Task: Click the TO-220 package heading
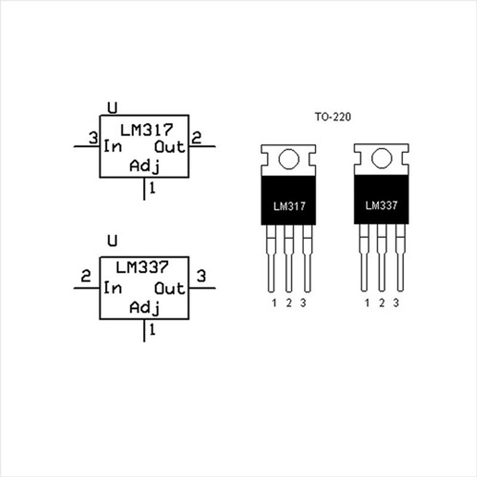(333, 117)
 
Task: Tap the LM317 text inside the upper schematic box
(147, 130)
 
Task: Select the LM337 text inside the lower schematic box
(142, 267)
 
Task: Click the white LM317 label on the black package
(289, 206)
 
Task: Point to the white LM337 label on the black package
(381, 206)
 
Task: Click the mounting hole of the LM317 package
(289, 159)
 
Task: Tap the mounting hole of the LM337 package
(382, 158)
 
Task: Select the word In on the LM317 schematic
(112, 147)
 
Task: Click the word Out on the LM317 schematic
(170, 147)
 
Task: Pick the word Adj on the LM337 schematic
(145, 308)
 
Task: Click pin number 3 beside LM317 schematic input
(93, 138)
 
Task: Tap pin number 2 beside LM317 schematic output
(196, 138)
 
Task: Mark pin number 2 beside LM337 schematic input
(85, 276)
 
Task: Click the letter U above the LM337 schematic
(112, 241)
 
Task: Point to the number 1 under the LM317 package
(274, 303)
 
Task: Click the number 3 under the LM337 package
(396, 303)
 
